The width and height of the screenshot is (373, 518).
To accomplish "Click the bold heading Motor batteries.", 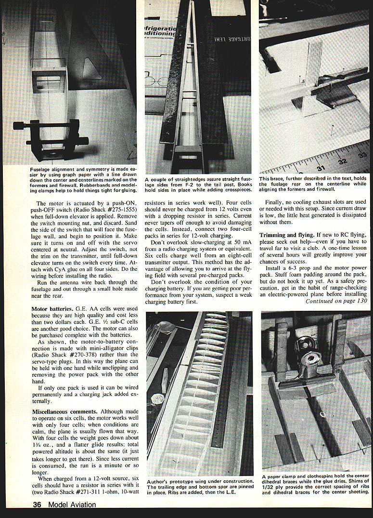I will [53, 307].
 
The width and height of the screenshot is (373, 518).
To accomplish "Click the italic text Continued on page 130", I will [336, 301].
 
